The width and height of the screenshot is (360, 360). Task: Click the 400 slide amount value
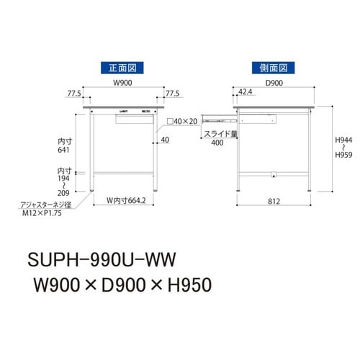[217, 143]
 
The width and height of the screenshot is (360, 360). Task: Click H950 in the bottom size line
[189, 286]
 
